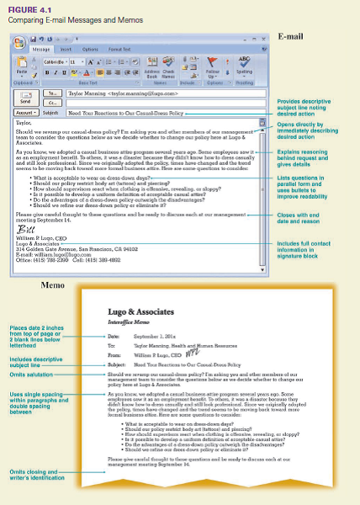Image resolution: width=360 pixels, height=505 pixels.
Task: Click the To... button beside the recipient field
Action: pyautogui.click(x=50, y=93)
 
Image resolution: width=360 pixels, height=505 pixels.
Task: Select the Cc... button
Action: pyautogui.click(x=50, y=102)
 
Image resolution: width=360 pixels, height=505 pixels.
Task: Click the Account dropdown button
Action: pyautogui.click(x=25, y=111)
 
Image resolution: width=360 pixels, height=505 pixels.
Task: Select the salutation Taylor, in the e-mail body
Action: pyautogui.click(x=24, y=123)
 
